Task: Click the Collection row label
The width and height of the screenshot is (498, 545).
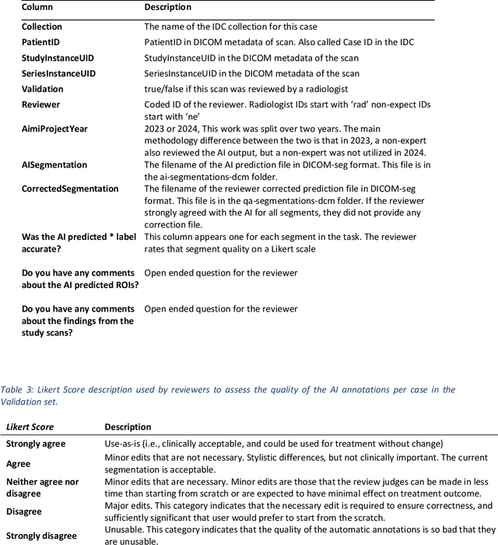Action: click(42, 27)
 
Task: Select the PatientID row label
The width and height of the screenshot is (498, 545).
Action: click(40, 43)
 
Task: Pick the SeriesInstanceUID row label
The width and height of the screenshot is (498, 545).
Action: click(58, 74)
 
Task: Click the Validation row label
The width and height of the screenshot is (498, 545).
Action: click(43, 90)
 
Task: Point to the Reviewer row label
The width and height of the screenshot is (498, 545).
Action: click(40, 104)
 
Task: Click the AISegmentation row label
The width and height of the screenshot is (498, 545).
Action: click(54, 165)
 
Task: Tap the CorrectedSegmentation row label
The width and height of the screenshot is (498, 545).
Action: click(70, 189)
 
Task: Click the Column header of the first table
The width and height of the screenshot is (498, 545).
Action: click(37, 8)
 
